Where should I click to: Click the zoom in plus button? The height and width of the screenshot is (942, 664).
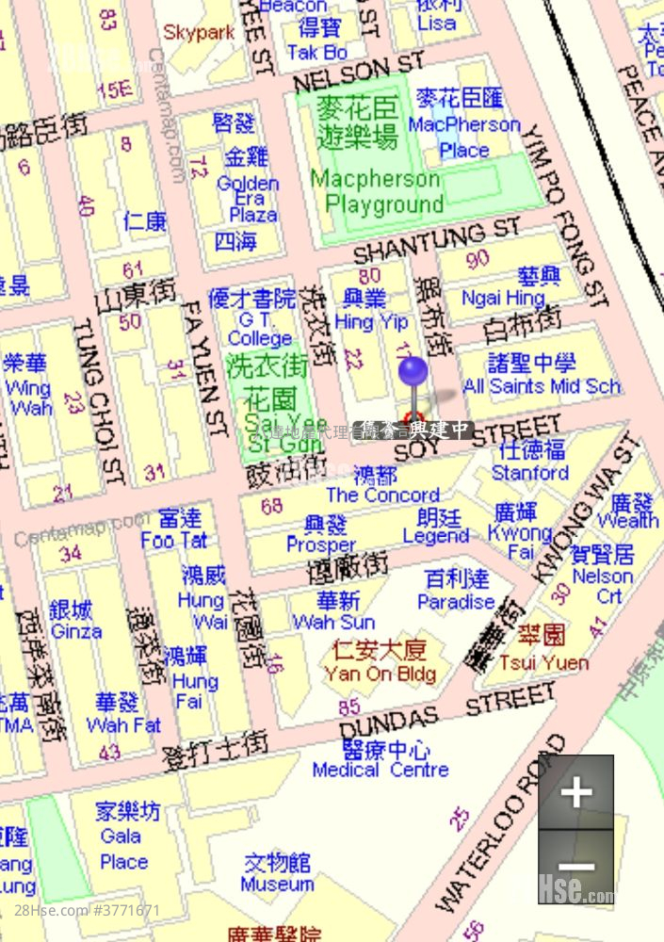tap(576, 792)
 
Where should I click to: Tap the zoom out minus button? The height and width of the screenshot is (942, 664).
tap(576, 867)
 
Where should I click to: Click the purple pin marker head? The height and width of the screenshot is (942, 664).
tap(413, 371)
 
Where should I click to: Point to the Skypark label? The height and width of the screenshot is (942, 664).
tap(199, 32)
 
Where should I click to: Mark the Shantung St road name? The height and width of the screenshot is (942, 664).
tap(436, 241)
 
